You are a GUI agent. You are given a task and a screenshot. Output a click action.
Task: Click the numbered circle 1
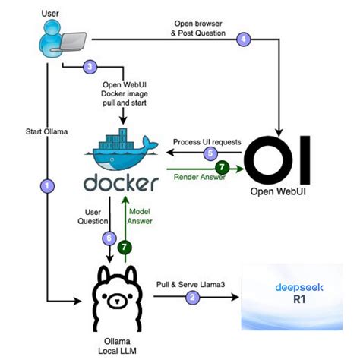coord(47,186)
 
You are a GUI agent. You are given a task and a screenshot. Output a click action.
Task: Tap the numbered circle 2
coord(192,297)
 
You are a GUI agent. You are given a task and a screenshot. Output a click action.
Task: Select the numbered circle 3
coord(90,67)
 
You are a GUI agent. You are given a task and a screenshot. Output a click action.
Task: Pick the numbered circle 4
coord(244,39)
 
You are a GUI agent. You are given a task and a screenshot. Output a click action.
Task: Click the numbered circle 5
coord(210,153)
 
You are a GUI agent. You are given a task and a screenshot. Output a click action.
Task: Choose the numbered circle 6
coord(109,238)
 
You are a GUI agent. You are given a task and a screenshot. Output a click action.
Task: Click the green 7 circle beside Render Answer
coord(222,167)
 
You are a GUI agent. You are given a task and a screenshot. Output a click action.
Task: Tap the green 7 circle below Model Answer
coord(125,247)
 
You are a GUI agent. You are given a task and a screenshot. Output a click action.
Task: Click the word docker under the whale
coord(121,182)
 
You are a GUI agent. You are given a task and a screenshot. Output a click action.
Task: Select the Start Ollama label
coord(47,131)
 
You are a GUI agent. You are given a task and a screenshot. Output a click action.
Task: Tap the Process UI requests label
coord(207,142)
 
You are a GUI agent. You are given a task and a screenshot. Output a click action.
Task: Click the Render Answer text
coord(200,177)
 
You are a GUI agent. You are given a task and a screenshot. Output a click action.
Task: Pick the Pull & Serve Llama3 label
coord(191,285)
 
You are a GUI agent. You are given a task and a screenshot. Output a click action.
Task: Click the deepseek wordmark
coord(299,288)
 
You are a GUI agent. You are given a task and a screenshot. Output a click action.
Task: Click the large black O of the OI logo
coord(268,160)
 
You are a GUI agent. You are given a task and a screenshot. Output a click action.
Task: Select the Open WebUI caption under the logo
coord(278,191)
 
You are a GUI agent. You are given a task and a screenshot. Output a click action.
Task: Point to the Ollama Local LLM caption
coord(117,346)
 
